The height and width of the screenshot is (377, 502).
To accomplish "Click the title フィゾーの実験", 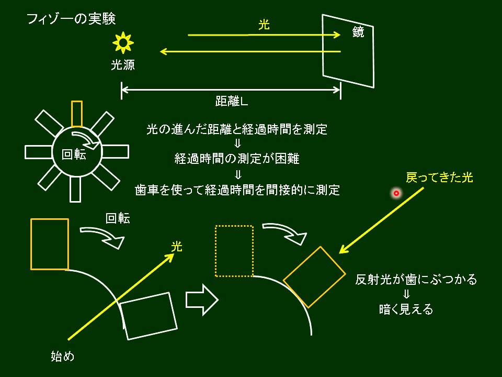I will [x=71, y=19].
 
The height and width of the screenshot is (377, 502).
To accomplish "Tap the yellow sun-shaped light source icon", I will [x=123, y=42].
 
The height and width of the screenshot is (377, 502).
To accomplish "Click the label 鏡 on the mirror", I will [x=358, y=32].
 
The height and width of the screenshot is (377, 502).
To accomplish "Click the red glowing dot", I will [x=396, y=193].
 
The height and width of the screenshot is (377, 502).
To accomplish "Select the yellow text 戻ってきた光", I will [x=439, y=178].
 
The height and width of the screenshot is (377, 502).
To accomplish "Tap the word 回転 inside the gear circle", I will [x=74, y=155].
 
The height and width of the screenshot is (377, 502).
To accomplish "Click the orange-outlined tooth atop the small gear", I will [x=77, y=114].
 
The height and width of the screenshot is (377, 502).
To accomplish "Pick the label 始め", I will [x=62, y=357].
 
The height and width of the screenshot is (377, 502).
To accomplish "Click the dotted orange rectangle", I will [x=234, y=251].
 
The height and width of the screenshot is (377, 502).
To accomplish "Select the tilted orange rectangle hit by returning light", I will [x=314, y=277].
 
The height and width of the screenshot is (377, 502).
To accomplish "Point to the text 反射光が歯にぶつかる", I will [x=416, y=280].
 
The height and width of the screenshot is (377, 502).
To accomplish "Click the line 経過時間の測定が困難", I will [x=237, y=159].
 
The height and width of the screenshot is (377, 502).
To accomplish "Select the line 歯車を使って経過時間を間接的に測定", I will [x=237, y=190].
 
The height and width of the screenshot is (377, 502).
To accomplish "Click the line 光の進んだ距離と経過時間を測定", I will [x=237, y=130].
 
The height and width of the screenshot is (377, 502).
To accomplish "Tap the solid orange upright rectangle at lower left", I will [x=50, y=244].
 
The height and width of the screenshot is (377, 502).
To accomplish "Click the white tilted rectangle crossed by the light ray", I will [x=149, y=316].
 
